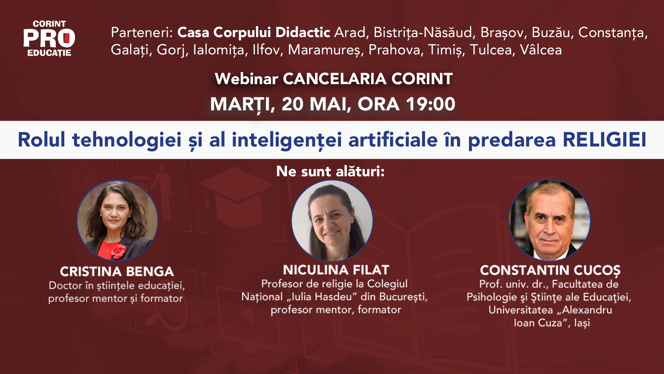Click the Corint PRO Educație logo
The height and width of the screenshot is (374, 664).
(x=49, y=38)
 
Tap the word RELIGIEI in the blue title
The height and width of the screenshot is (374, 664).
(x=605, y=140)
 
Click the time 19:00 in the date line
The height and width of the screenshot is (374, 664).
(x=431, y=104)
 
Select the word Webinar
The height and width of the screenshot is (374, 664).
(x=246, y=79)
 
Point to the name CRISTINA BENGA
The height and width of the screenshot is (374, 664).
(x=117, y=271)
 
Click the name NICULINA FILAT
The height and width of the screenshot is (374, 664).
(x=336, y=270)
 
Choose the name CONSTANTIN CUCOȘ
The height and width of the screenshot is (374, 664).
(x=550, y=270)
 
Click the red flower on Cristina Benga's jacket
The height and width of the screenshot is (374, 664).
(x=118, y=251)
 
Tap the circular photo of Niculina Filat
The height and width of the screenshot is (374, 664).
(x=332, y=221)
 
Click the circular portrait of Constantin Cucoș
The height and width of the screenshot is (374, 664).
(x=550, y=220)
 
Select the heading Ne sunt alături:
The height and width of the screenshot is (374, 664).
(x=330, y=171)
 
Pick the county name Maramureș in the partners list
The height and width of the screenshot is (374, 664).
(x=325, y=50)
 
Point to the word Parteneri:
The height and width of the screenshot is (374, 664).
(x=142, y=33)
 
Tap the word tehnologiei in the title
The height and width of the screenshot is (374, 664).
(x=127, y=140)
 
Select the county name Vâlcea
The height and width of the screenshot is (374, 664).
(x=541, y=50)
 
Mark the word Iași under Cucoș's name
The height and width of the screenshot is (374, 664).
(x=582, y=323)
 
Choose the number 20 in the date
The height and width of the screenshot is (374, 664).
(x=292, y=104)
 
